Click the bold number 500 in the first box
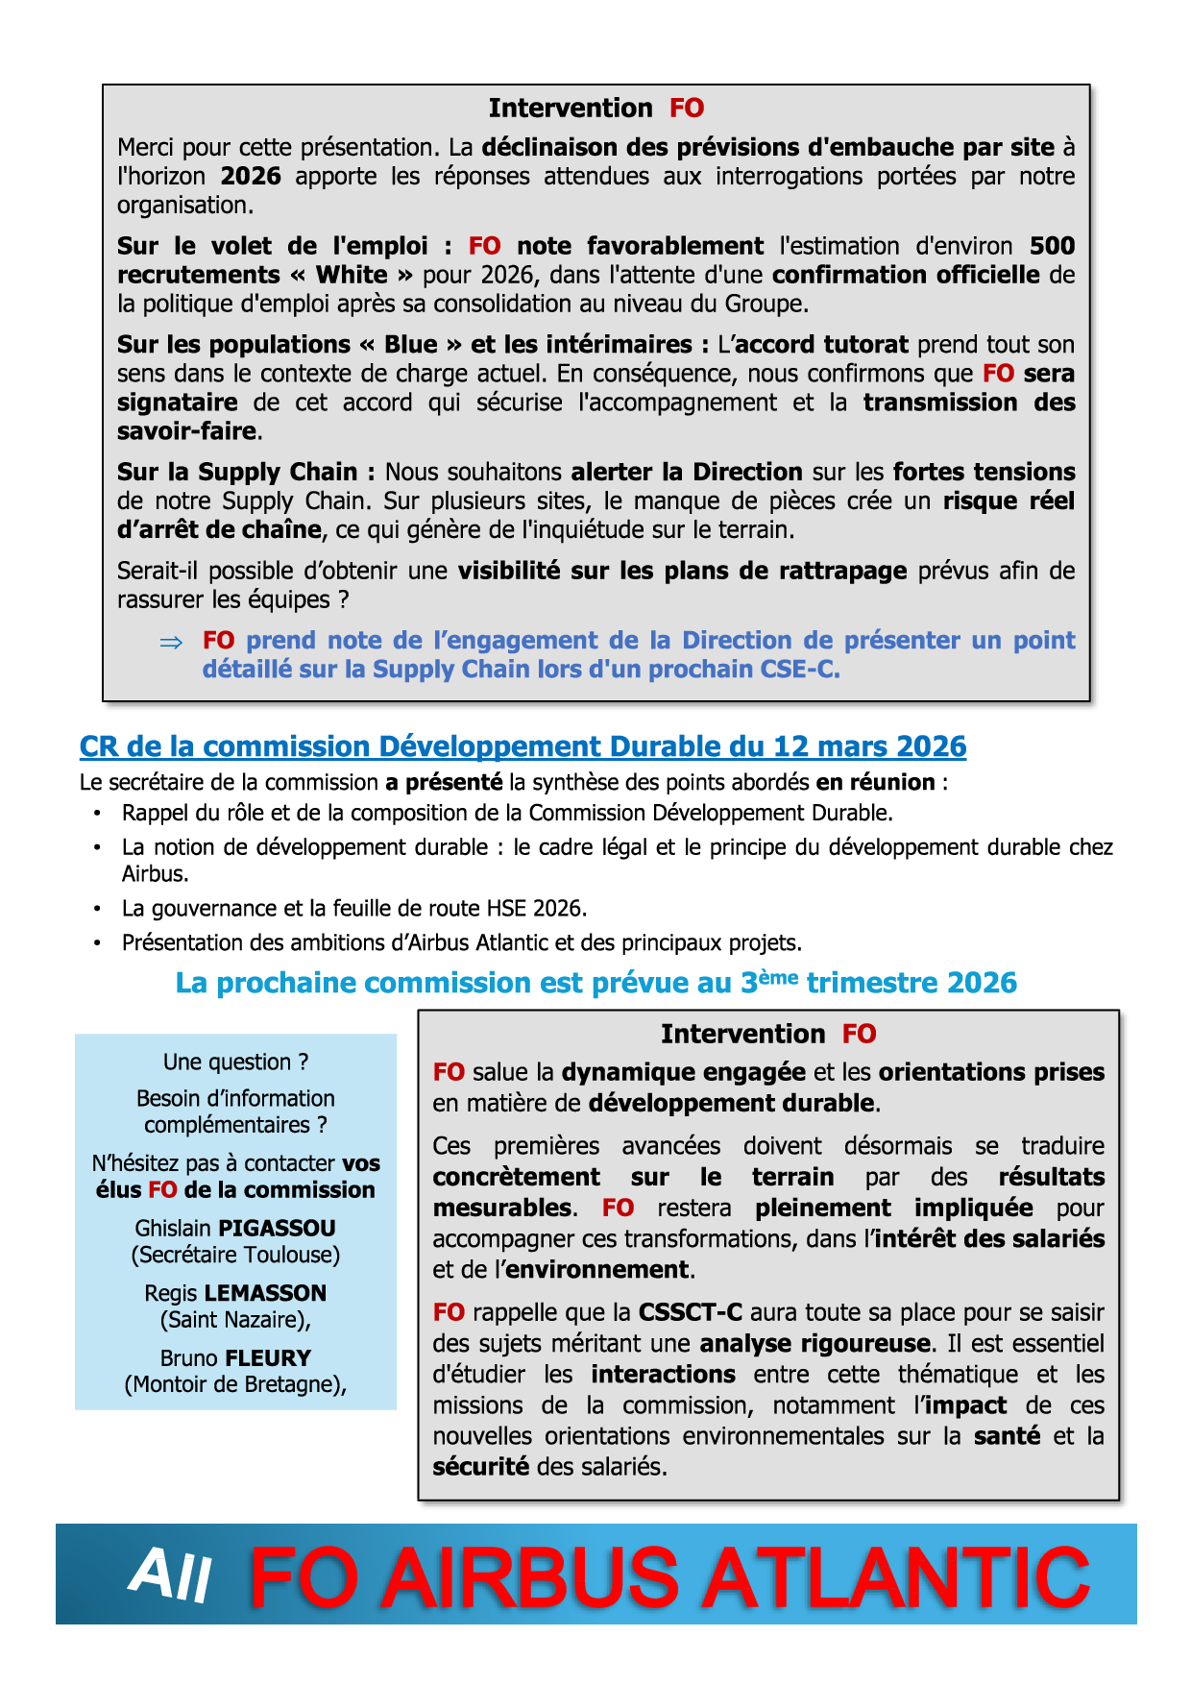click(x=1052, y=246)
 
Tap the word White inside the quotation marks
click(x=352, y=275)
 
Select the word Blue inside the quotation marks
click(x=411, y=345)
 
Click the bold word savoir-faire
click(x=187, y=431)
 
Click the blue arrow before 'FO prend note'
click(x=171, y=642)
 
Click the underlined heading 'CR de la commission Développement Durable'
click(x=523, y=746)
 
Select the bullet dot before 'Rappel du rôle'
click(x=97, y=814)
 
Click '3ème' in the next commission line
click(x=769, y=982)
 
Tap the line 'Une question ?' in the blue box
click(x=235, y=1062)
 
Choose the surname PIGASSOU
click(x=277, y=1228)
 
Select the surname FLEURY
click(x=267, y=1358)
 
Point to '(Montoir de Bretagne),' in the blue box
click(x=235, y=1384)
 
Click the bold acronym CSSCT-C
click(x=691, y=1312)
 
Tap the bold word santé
click(x=1007, y=1436)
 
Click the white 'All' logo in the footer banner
click(x=170, y=1576)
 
